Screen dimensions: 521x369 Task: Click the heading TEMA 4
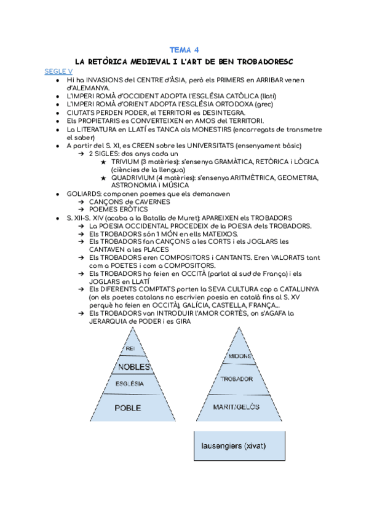[184, 50]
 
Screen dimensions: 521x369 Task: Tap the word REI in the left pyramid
[129, 349]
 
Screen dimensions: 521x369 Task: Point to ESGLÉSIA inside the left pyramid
[130, 383]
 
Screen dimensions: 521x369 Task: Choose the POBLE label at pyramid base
[128, 407]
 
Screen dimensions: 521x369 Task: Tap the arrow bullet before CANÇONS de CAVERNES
[82, 202]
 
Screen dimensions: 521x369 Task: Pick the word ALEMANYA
[85, 87]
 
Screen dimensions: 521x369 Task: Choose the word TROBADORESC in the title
[262, 61]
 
